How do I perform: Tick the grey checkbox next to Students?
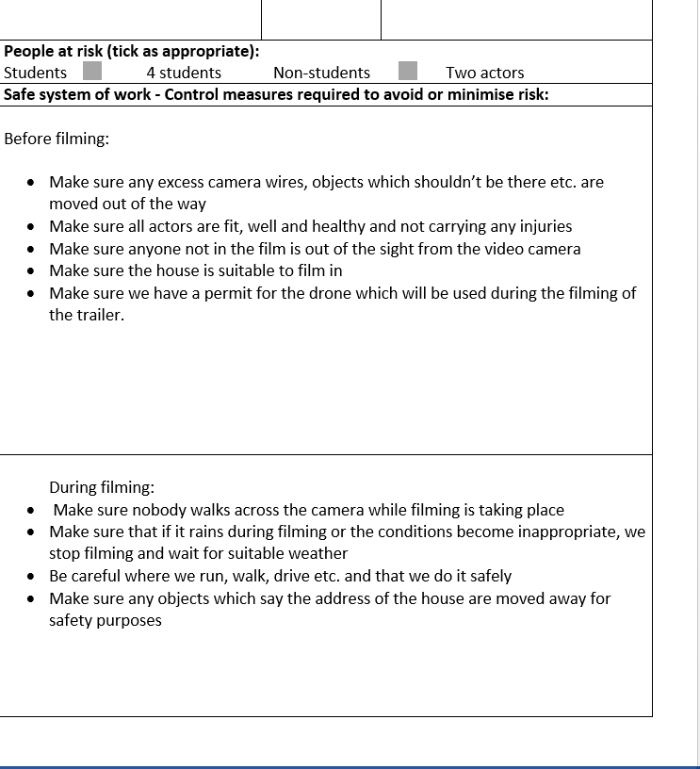(x=92, y=72)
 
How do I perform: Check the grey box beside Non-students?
(x=408, y=72)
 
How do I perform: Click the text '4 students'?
(x=184, y=73)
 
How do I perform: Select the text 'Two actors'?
(x=484, y=73)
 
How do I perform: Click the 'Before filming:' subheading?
(x=57, y=139)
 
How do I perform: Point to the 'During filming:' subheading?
(x=102, y=487)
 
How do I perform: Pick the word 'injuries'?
(x=542, y=226)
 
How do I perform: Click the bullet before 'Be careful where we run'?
(x=33, y=576)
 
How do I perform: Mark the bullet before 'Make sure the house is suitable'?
(x=33, y=271)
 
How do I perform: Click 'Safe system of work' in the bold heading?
(x=75, y=94)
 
